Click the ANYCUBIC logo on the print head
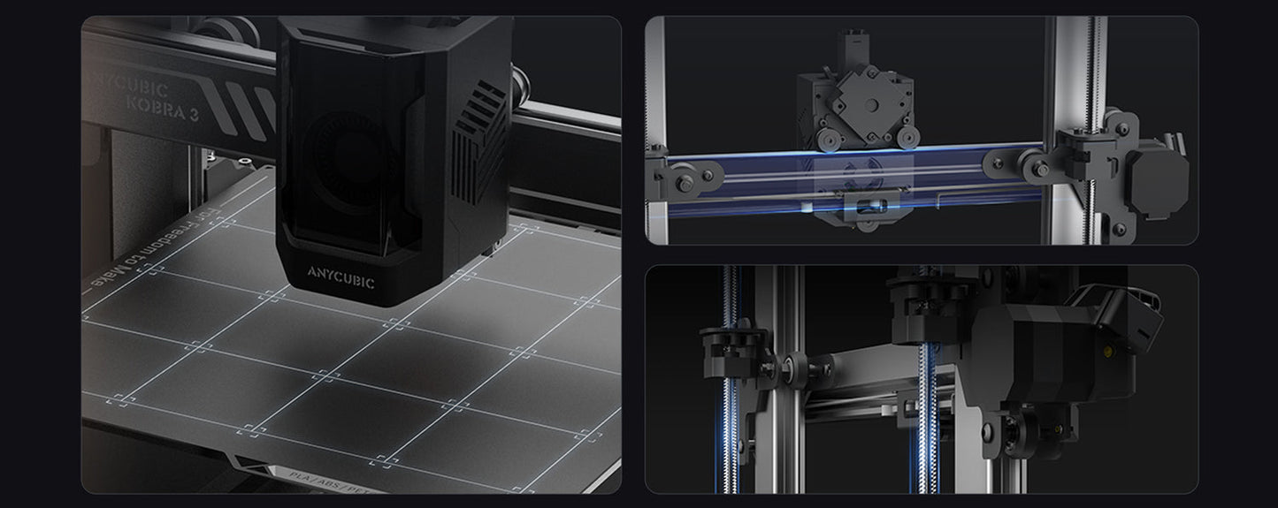(x=342, y=282)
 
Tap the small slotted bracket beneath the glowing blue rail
(x=862, y=207)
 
